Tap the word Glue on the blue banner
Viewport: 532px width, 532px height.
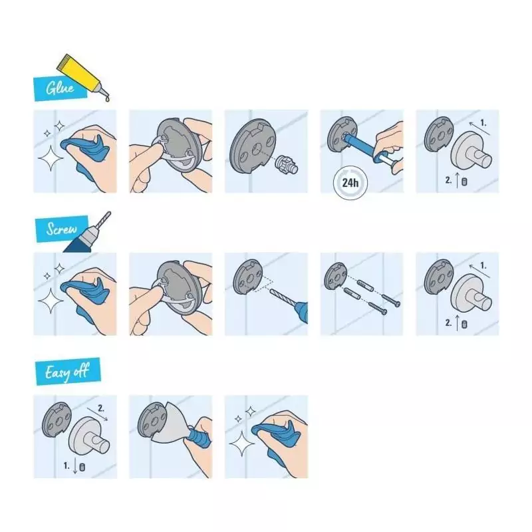point(60,88)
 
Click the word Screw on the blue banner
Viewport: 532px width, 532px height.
point(61,229)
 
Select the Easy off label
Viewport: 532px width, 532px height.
point(68,371)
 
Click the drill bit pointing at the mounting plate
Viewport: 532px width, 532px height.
point(282,297)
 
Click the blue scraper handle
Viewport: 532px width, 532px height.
point(198,438)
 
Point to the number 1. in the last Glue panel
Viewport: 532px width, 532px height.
point(483,123)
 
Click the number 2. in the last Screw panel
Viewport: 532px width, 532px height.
point(448,323)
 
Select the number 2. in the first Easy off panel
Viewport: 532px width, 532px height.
point(101,408)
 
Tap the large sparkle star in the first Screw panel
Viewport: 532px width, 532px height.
point(51,301)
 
